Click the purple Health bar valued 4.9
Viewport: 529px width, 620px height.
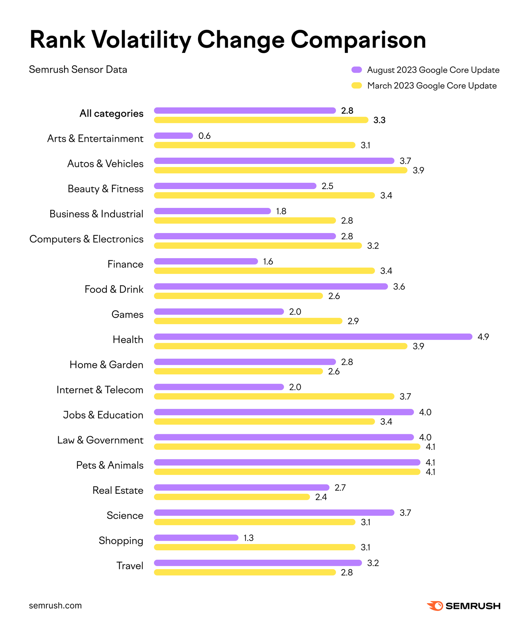pos(313,336)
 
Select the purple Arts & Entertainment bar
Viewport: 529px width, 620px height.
pos(173,136)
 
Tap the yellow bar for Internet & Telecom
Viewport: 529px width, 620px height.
pos(274,396)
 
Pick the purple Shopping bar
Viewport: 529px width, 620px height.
pos(196,538)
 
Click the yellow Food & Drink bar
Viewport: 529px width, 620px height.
pos(238,296)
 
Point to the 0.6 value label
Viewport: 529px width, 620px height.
pos(204,136)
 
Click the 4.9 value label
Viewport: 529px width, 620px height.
pos(483,337)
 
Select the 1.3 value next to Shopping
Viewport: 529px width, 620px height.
pos(248,538)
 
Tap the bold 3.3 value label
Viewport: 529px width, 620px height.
pos(379,120)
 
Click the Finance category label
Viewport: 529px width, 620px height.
pos(125,264)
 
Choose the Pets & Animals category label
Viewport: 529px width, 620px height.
pos(110,465)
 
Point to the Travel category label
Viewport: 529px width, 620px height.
pos(130,565)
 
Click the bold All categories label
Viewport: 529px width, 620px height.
pos(111,113)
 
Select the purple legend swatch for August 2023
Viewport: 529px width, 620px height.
pos(356,70)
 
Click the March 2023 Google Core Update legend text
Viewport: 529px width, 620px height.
pos(432,86)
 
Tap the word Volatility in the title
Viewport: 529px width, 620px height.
pos(141,40)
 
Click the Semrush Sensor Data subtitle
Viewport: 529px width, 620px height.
pos(78,69)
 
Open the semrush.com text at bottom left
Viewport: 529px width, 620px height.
pos(55,605)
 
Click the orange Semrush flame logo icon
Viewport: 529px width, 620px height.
pos(435,606)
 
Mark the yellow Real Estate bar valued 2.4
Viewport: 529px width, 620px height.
pos(232,497)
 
